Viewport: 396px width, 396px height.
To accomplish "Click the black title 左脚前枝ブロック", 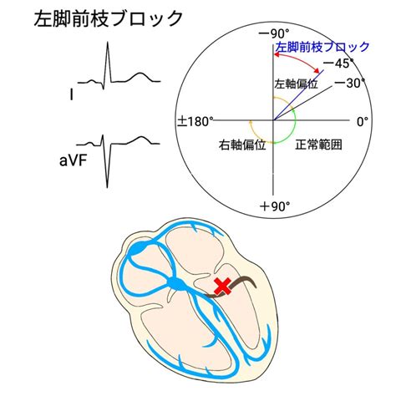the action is [109, 18].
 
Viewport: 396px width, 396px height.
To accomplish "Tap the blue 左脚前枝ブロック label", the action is [322, 48].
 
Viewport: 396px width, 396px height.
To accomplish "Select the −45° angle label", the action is [339, 63].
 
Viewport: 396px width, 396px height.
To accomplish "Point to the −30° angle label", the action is [350, 83].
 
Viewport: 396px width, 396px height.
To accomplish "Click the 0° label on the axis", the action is [363, 122].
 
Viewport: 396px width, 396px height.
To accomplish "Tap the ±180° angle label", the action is [195, 122].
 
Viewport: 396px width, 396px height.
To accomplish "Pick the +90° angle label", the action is [275, 206].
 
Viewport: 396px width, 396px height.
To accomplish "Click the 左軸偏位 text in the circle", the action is [297, 84].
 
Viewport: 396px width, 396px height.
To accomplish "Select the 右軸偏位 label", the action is [242, 145].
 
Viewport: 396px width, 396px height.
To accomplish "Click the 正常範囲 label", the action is [318, 145].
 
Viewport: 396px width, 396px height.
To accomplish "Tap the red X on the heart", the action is [223, 287].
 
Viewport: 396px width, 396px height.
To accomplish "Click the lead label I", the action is [72, 95].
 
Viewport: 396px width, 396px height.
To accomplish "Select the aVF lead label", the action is [73, 161].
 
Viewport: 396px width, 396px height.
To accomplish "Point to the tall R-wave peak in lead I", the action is [108, 43].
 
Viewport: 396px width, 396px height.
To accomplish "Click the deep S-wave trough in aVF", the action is [107, 187].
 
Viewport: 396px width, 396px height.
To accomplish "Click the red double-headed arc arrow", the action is [297, 58].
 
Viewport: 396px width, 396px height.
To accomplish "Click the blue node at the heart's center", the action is [176, 284].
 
